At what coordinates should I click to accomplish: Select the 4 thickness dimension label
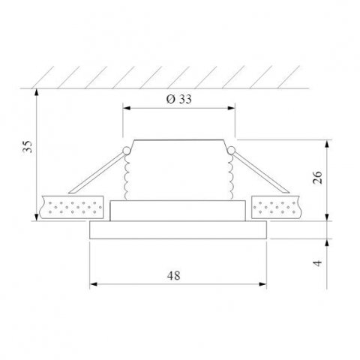point(317,263)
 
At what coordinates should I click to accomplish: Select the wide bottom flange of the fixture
point(178,230)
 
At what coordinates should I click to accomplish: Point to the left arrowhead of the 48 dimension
point(92,284)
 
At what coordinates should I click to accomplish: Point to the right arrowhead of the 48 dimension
point(264,284)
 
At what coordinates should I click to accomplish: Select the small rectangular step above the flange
point(178,211)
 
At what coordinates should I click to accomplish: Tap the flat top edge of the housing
point(179,140)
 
